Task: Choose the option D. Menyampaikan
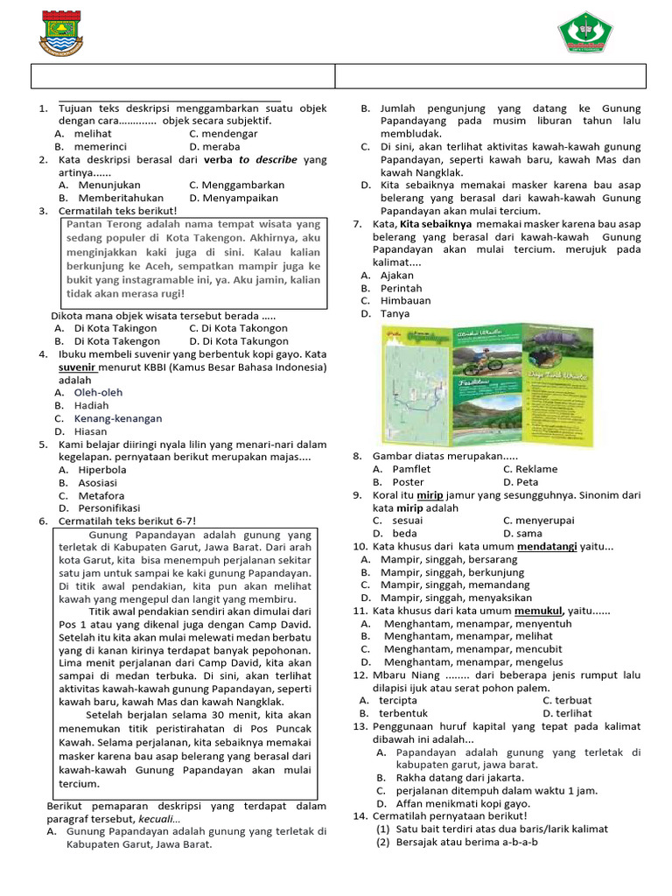click(236, 199)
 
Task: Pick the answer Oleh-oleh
click(98, 393)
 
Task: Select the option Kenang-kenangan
click(118, 419)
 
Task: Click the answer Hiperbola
click(102, 470)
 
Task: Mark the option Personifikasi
click(109, 507)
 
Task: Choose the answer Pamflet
click(411, 469)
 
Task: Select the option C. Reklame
click(529, 469)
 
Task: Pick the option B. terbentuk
click(409, 713)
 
